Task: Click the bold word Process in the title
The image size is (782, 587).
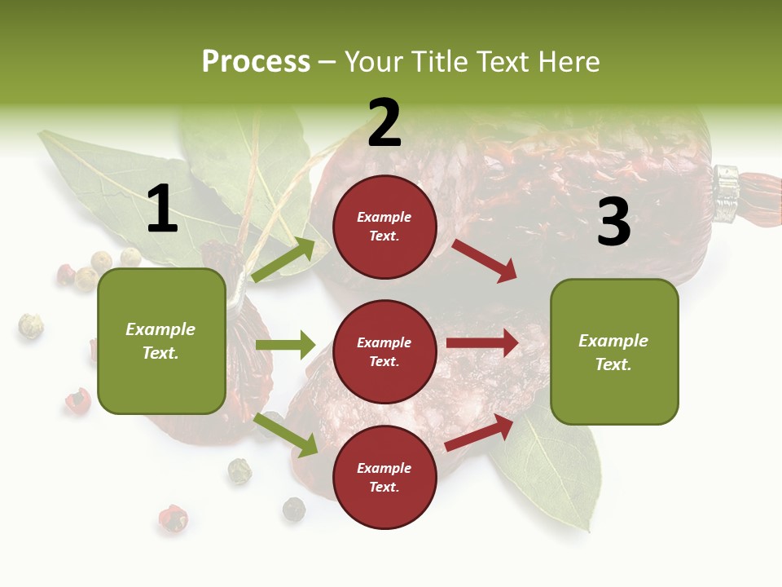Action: pyautogui.click(x=256, y=61)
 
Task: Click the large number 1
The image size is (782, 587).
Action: pyautogui.click(x=161, y=210)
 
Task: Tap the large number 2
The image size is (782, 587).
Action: pyautogui.click(x=384, y=123)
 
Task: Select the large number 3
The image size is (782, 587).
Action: pyautogui.click(x=613, y=222)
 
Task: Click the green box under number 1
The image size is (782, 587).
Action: pyautogui.click(x=161, y=341)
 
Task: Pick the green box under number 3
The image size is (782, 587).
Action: pyautogui.click(x=614, y=351)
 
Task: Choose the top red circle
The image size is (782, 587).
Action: pyautogui.click(x=384, y=226)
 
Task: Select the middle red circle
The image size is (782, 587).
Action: pyautogui.click(x=384, y=351)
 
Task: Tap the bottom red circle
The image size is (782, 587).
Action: pyautogui.click(x=384, y=477)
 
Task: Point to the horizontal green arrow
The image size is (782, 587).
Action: pyautogui.click(x=285, y=345)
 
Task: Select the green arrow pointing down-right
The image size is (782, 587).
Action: pyautogui.click(x=286, y=435)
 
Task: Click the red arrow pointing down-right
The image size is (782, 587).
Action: pyautogui.click(x=484, y=260)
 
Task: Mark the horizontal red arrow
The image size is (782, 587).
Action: pyautogui.click(x=482, y=342)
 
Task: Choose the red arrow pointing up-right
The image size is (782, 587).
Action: pyautogui.click(x=479, y=433)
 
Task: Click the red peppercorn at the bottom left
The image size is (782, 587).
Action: pyautogui.click(x=172, y=518)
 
